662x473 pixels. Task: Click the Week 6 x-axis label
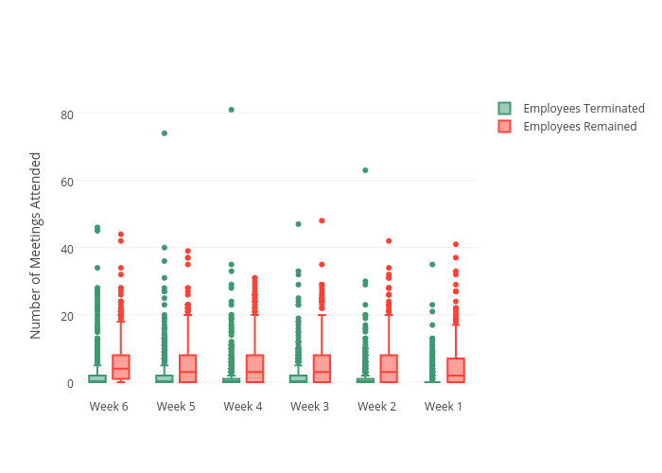click(109, 407)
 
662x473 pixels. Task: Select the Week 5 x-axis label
click(176, 407)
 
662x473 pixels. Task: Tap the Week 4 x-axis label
click(243, 407)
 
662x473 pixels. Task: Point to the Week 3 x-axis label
click(310, 407)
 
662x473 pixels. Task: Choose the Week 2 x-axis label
click(376, 407)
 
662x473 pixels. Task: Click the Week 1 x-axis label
click(444, 407)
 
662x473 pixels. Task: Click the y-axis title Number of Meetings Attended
click(36, 245)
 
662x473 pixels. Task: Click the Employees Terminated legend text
click(584, 109)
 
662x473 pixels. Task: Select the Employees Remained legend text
click(580, 127)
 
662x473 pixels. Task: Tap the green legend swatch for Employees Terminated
click(505, 109)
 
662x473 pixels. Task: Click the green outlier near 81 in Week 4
click(231, 110)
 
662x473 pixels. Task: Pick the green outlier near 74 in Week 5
click(165, 133)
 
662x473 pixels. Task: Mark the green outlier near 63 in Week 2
click(365, 170)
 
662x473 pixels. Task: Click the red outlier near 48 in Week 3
click(322, 220)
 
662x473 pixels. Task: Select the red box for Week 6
click(120, 367)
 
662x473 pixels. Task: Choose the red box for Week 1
click(456, 370)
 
